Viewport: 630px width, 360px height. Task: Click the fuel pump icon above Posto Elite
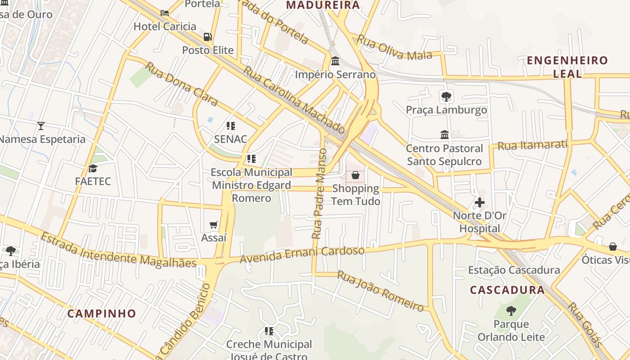pyautogui.click(x=207, y=37)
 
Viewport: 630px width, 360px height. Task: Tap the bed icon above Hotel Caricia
pyautogui.click(x=165, y=13)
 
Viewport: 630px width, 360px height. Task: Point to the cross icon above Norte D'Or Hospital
pyautogui.click(x=480, y=202)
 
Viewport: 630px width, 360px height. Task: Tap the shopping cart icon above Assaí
pyautogui.click(x=214, y=225)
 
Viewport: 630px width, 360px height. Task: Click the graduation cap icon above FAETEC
pyautogui.click(x=93, y=168)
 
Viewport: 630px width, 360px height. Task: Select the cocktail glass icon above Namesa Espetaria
pyautogui.click(x=41, y=126)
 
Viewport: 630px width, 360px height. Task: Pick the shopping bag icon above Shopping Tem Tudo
pyautogui.click(x=355, y=175)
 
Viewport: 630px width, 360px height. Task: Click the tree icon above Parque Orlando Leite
pyautogui.click(x=511, y=310)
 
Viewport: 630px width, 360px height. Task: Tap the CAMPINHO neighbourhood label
pyautogui.click(x=102, y=314)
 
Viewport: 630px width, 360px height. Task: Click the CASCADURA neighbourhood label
pyautogui.click(x=508, y=290)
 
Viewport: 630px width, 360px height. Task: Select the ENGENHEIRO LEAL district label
pyautogui.click(x=567, y=67)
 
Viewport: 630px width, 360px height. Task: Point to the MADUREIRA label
pyautogui.click(x=323, y=5)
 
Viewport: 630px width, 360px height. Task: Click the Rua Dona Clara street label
pyautogui.click(x=181, y=84)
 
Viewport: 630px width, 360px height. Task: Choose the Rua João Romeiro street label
pyautogui.click(x=381, y=291)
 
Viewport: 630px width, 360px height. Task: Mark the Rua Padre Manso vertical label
pyautogui.click(x=319, y=193)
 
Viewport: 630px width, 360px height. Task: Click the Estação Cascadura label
pyautogui.click(x=514, y=270)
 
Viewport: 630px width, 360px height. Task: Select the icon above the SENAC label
pyautogui.click(x=231, y=126)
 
